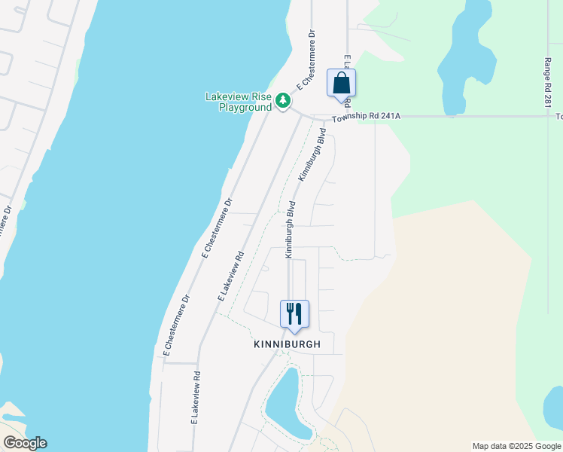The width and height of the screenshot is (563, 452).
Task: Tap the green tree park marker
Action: click(283, 100)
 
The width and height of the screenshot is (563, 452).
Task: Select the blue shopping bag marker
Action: click(341, 82)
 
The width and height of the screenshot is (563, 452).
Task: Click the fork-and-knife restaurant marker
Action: click(294, 313)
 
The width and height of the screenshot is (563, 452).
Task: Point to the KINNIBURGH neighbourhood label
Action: click(287, 344)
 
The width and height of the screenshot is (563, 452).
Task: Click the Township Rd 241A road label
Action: click(367, 116)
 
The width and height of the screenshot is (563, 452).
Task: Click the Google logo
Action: click(25, 443)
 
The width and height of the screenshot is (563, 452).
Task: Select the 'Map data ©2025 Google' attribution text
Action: click(516, 446)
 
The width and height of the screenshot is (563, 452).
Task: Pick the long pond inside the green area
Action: click(461, 60)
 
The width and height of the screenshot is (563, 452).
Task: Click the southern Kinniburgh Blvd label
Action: click(289, 230)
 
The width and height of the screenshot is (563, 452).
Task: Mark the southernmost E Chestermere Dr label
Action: click(175, 325)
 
